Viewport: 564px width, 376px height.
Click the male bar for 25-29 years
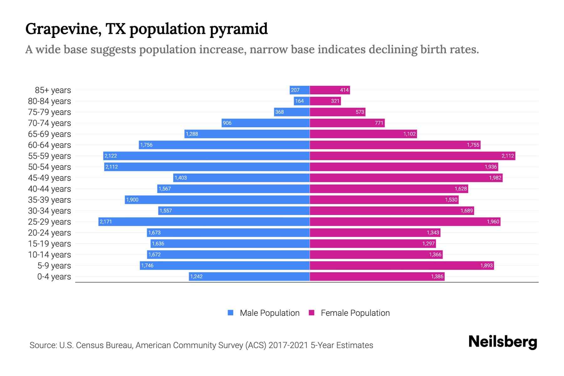204,222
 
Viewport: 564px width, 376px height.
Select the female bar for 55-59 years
412,156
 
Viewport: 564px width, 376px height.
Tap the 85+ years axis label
53,90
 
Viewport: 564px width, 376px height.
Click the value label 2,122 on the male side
111,156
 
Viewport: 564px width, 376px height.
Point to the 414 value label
344,90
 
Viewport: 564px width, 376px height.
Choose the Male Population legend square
231,313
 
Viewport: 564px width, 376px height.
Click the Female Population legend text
355,313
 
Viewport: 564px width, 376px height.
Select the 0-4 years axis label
54,277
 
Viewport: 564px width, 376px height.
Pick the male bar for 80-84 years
302,101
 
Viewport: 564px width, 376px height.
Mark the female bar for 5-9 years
402,266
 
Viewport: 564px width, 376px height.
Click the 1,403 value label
180,178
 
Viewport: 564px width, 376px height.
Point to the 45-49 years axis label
50,178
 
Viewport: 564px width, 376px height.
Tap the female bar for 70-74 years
347,123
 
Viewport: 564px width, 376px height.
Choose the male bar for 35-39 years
217,200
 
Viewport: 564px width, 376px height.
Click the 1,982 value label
495,178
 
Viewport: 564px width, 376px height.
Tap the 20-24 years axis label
50,233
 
